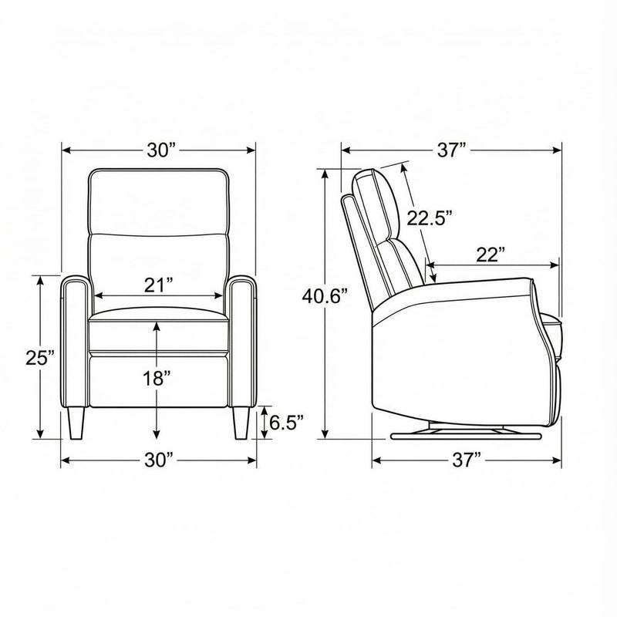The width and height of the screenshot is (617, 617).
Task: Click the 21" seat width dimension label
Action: click(158, 285)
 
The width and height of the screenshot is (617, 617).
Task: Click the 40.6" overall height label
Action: click(325, 295)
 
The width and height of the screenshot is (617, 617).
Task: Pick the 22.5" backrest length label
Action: click(429, 218)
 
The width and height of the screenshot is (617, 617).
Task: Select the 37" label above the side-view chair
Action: click(452, 150)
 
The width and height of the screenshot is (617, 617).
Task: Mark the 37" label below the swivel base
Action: click(467, 461)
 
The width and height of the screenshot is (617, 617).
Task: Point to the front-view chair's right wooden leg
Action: click(240, 423)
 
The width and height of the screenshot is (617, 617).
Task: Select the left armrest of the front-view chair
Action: click(76, 339)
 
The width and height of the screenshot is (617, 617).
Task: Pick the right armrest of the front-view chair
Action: click(241, 339)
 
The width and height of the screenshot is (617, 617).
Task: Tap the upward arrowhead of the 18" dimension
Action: click(157, 324)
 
